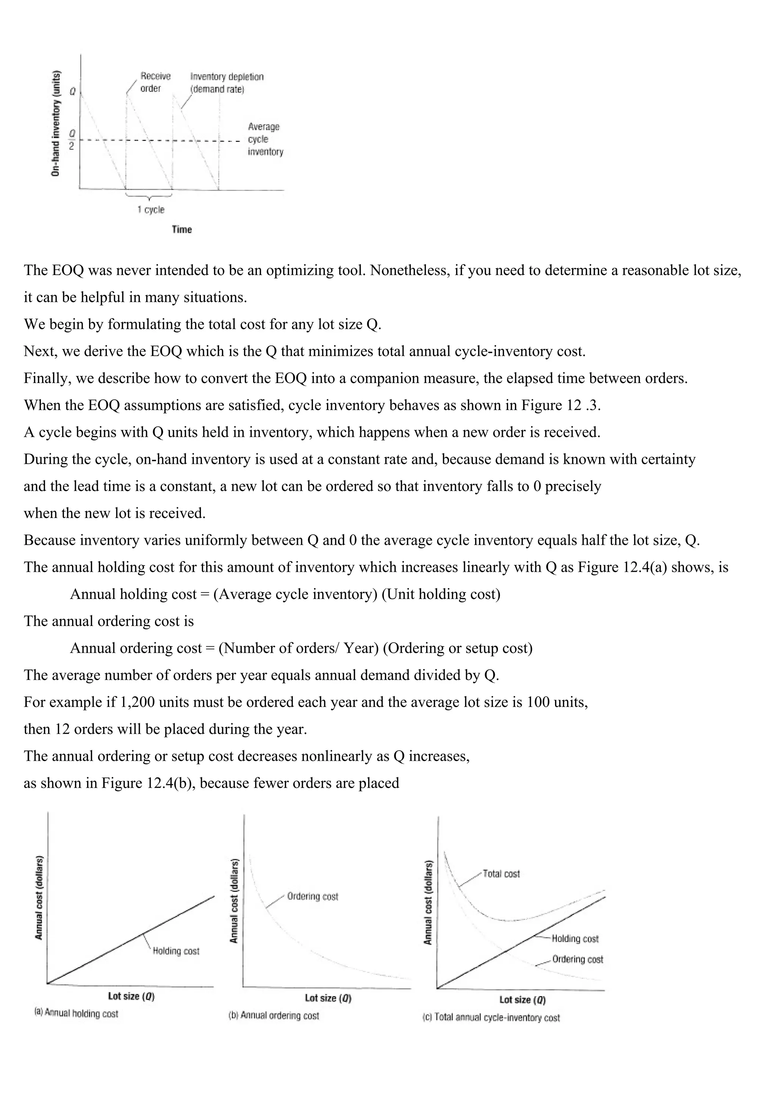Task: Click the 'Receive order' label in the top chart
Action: tap(155, 82)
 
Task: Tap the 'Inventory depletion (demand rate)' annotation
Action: tap(227, 83)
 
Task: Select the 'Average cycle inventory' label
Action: tap(265, 139)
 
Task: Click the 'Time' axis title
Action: tap(182, 230)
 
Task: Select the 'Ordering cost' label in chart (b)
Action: tap(312, 896)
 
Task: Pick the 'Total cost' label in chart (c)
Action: tap(501, 874)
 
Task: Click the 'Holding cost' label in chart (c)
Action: tap(575, 939)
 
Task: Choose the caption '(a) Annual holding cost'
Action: tap(77, 1014)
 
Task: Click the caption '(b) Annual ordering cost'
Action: tap(274, 1015)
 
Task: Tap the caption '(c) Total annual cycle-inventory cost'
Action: tap(491, 1018)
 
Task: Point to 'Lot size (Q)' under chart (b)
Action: tap(328, 998)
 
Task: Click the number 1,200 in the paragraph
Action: tap(135, 702)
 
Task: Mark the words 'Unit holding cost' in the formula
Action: tap(441, 594)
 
